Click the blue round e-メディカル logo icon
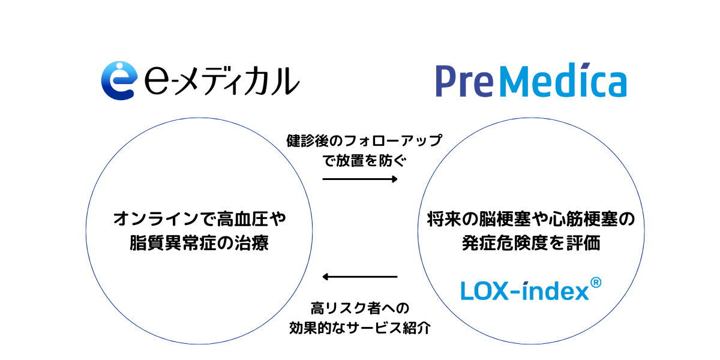tap(118, 80)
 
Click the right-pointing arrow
tap(360, 179)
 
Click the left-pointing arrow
tap(360, 277)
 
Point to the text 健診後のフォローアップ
tap(364, 142)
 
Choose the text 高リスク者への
tap(360, 309)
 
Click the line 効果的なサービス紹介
tap(360, 328)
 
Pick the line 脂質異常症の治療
tap(200, 244)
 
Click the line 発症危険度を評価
tap(530, 244)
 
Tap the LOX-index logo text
tap(525, 291)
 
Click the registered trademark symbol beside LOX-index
tap(596, 281)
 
